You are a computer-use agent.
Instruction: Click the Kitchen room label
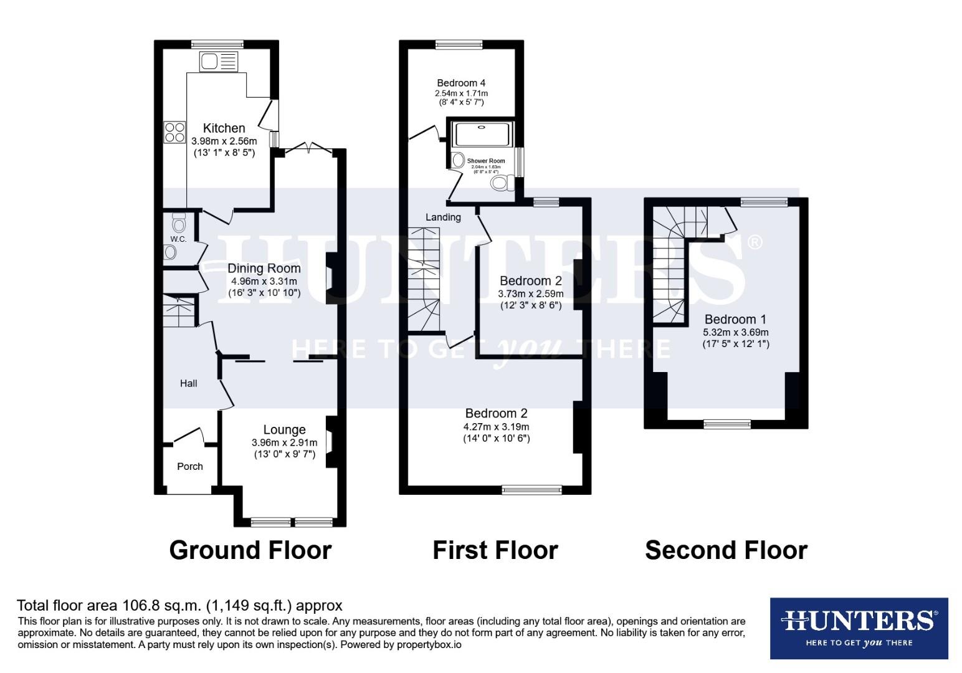224,128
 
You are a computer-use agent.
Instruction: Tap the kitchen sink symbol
218,62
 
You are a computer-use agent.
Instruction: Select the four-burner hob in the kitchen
174,131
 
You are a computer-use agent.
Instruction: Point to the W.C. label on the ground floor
178,239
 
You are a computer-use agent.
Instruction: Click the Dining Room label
264,269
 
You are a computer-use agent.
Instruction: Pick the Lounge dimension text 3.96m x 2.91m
284,442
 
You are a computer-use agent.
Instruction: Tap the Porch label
190,466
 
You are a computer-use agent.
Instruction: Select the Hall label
189,383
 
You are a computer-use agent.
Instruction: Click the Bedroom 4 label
461,83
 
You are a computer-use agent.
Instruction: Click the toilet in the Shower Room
502,183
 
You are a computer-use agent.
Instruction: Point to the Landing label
443,217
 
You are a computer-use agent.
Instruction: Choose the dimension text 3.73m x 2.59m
530,294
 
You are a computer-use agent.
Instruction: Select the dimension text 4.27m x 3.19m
496,427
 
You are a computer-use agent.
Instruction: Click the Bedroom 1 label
735,320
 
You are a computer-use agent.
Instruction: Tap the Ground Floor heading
250,550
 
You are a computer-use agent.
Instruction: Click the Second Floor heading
726,550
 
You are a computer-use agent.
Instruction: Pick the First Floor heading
495,550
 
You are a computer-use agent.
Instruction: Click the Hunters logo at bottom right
859,628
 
